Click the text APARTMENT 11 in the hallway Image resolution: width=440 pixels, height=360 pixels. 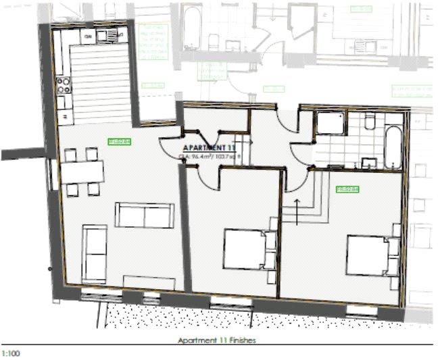208,147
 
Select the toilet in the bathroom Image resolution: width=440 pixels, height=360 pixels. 370,122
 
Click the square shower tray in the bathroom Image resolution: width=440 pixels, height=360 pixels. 330,124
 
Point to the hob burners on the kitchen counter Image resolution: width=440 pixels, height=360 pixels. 65,84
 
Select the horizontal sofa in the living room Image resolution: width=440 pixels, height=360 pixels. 144,215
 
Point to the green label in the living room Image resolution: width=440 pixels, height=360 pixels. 120,141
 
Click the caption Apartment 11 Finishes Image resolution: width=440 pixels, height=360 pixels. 216,341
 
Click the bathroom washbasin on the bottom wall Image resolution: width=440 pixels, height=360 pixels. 369,162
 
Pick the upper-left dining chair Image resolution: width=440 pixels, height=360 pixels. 70,155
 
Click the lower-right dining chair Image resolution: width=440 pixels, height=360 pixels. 93,189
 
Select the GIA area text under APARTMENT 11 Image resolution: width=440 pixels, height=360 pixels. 210,157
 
